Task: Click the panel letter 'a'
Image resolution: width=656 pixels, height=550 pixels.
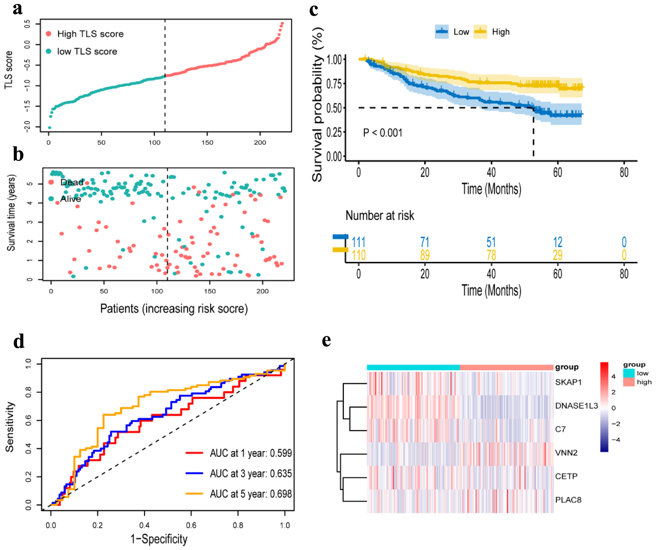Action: pos(17,9)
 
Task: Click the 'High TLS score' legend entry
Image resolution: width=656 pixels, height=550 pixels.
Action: pos(90,34)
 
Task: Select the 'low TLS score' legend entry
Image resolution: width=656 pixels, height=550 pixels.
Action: pos(87,51)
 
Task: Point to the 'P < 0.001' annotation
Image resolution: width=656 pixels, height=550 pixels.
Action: pos(382,133)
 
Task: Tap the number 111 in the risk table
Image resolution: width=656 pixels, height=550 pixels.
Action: pos(358,242)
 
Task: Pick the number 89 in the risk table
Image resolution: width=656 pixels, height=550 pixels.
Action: pos(425,255)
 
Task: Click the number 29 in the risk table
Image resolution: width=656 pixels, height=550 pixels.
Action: pos(558,255)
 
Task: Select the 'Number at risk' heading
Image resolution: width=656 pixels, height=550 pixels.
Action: pos(380,216)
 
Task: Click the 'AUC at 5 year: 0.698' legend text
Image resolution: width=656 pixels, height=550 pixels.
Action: pos(251,494)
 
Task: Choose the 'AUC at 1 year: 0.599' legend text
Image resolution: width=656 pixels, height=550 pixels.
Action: pos(251,453)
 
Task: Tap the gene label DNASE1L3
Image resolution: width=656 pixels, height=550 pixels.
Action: pos(576,406)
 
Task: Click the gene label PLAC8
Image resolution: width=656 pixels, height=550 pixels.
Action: pos(568,500)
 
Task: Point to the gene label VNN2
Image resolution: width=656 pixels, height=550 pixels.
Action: pos(566,453)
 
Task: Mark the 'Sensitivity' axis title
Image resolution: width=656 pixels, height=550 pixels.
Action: pos(10,427)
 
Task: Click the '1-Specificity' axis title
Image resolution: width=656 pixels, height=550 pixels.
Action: pos(159,539)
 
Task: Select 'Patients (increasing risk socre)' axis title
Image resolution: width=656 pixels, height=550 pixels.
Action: pos(174,308)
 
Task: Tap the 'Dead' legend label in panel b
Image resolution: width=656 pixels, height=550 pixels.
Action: pos(72,182)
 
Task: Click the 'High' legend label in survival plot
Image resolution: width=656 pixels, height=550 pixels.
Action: pos(501,32)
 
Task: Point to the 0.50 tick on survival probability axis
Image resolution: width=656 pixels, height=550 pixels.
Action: pos(334,108)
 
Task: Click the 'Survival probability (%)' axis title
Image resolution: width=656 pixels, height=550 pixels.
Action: pos(317,105)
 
